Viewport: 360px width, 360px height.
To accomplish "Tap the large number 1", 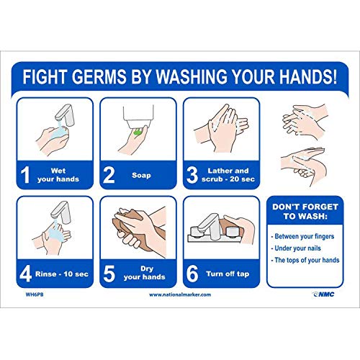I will click(x=27, y=175).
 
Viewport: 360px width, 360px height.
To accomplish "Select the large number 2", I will click(x=109, y=175).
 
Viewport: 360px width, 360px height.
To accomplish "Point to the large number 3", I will click(x=193, y=175).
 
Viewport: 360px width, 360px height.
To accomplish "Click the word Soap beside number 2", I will click(x=140, y=175).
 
